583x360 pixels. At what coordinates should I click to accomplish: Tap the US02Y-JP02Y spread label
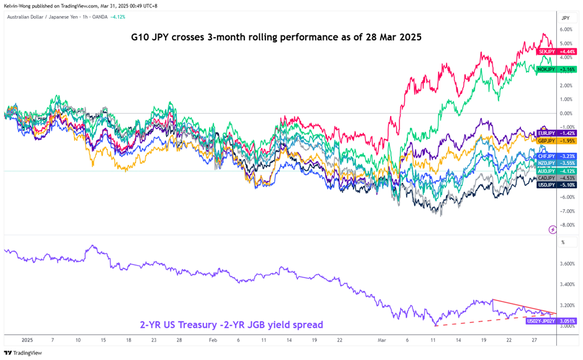(540, 321)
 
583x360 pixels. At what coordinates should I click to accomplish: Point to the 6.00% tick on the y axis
(566, 30)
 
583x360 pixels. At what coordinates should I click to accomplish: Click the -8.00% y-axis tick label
(566, 225)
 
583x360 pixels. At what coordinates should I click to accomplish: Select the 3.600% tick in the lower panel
(567, 264)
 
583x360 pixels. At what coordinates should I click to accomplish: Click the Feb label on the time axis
(213, 340)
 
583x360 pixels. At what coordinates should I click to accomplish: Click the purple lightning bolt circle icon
(553, 230)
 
